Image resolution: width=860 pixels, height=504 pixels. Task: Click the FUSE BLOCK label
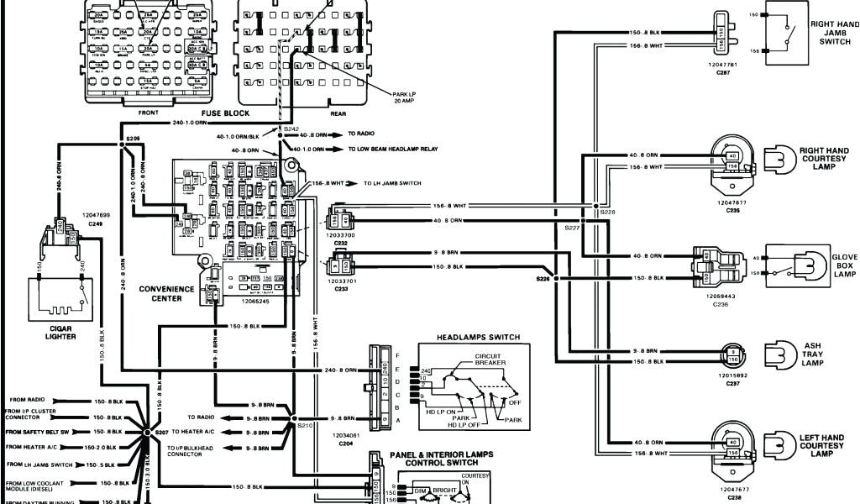click(x=225, y=113)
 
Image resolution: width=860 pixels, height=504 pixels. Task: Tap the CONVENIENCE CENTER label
click(x=166, y=293)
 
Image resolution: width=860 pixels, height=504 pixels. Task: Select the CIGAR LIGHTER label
click(x=60, y=333)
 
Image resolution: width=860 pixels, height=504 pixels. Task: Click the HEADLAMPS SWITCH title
click(x=478, y=338)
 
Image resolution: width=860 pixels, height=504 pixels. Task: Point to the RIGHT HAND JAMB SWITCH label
click(x=834, y=34)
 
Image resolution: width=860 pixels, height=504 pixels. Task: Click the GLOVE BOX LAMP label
click(x=844, y=265)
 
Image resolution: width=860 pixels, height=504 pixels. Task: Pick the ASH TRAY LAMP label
click(x=812, y=354)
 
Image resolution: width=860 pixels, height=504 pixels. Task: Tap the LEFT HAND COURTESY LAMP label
click(x=821, y=445)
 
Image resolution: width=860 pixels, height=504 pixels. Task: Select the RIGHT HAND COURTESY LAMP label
click(x=821, y=158)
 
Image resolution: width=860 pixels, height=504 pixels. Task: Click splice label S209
click(x=134, y=136)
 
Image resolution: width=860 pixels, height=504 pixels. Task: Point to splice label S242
click(x=291, y=129)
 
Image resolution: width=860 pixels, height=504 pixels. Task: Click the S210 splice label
click(x=303, y=426)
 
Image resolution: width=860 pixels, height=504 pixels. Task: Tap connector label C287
click(x=722, y=73)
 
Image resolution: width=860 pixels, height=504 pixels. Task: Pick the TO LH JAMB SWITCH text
click(x=392, y=183)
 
